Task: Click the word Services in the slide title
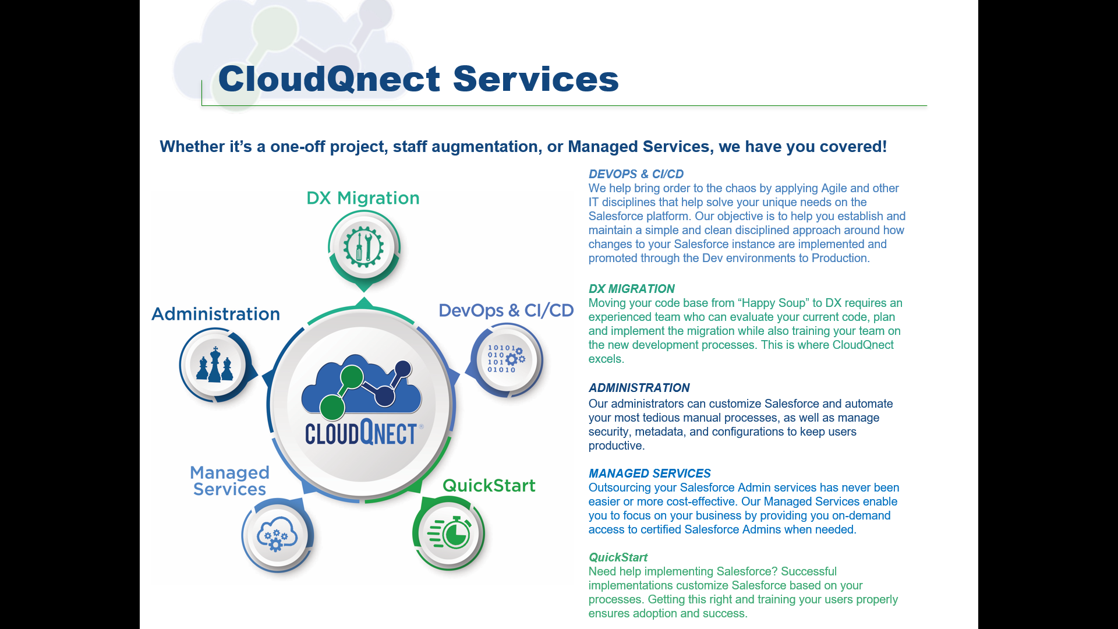(535, 79)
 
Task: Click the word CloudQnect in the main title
(329, 79)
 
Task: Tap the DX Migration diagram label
(363, 198)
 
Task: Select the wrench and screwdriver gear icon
(363, 247)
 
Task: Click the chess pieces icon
(215, 365)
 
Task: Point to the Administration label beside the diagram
(215, 314)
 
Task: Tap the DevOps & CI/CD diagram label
(506, 310)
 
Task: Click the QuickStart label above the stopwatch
(489, 485)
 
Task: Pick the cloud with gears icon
(277, 535)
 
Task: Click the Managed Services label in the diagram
(229, 480)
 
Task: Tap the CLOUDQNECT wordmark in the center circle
(361, 433)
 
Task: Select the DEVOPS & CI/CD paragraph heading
(636, 174)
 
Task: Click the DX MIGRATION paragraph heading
(631, 289)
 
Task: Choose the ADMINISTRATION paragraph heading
(639, 388)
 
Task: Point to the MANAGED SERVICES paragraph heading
(649, 473)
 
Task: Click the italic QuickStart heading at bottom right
(618, 557)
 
